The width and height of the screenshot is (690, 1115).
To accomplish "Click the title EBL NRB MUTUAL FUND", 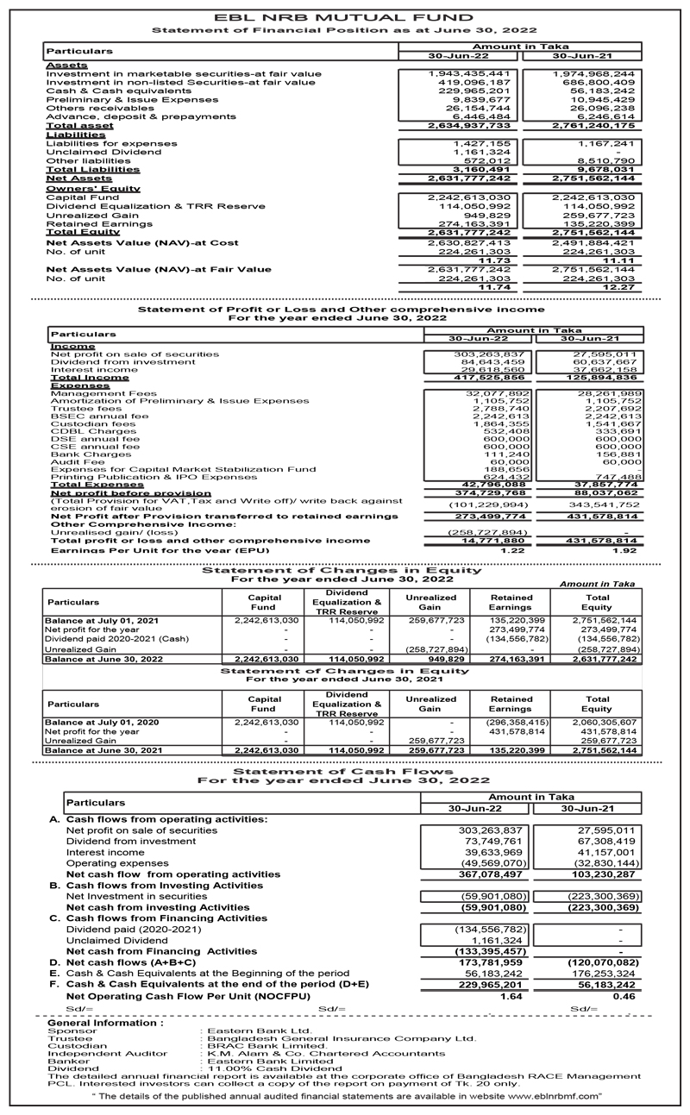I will [345, 17].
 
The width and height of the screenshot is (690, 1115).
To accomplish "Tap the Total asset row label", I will [79, 126].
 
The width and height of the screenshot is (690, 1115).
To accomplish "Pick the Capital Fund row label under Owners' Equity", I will [76, 197].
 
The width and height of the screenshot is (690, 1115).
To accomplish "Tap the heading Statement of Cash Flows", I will [345, 771].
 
